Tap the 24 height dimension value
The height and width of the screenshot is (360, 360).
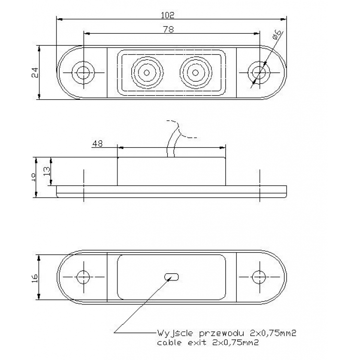(x=34, y=72)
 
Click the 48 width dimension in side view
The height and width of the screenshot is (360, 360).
(x=97, y=143)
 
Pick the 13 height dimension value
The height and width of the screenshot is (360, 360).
(x=46, y=171)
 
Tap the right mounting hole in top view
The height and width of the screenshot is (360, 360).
(x=259, y=72)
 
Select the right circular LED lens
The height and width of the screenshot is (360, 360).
(x=195, y=73)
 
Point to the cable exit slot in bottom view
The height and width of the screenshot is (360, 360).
(x=172, y=277)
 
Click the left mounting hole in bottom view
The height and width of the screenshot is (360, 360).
(x=83, y=277)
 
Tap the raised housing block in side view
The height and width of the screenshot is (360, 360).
(x=171, y=172)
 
